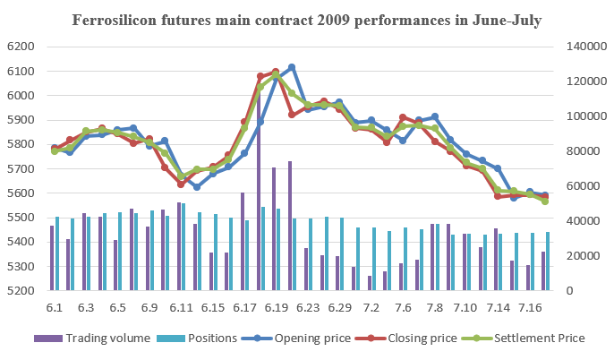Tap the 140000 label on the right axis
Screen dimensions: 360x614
pyautogui.click(x=582, y=47)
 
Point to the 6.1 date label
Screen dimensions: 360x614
pyautogui.click(x=55, y=308)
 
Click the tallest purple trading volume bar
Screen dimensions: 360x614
pyautogui.click(x=258, y=179)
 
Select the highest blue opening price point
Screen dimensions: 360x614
pyautogui.click(x=292, y=67)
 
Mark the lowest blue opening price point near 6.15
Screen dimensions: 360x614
pyautogui.click(x=197, y=186)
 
